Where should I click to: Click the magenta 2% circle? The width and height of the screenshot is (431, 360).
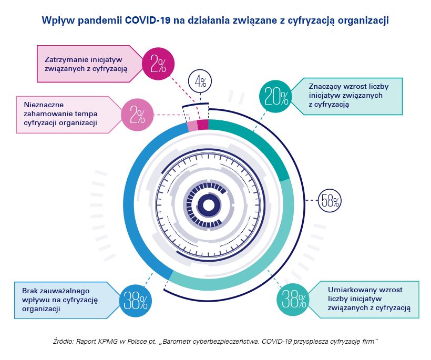click(x=158, y=64)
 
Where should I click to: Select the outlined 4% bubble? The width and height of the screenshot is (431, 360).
click(x=200, y=81)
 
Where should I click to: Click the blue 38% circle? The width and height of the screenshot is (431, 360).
click(x=136, y=300)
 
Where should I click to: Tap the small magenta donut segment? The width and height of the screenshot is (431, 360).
click(x=203, y=125)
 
